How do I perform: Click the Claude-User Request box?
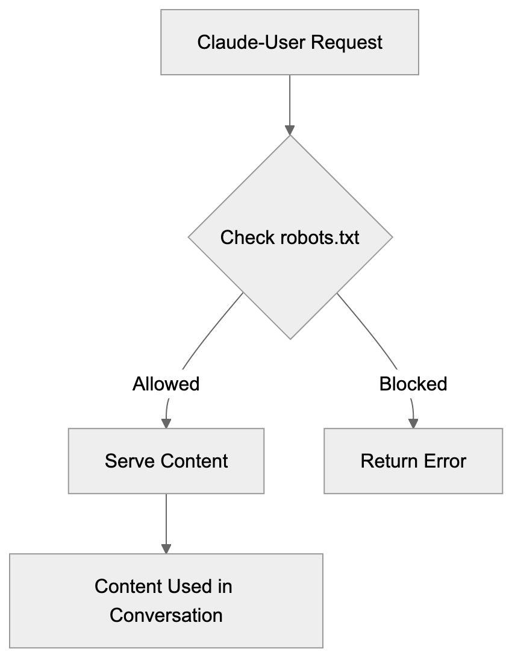[289, 42]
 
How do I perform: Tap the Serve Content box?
[166, 461]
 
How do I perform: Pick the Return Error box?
[413, 461]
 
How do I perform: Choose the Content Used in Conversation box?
[166, 601]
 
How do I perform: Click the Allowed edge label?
[166, 384]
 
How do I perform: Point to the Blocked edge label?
[413, 384]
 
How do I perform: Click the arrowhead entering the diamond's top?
[290, 130]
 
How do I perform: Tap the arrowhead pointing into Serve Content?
[166, 423]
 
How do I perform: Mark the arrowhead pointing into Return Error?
[413, 423]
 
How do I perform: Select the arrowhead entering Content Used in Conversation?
[166, 548]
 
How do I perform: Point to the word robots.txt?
[320, 237]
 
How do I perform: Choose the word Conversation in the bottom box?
[166, 615]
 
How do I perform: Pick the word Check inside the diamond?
[248, 237]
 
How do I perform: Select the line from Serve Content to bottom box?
[166, 518]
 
